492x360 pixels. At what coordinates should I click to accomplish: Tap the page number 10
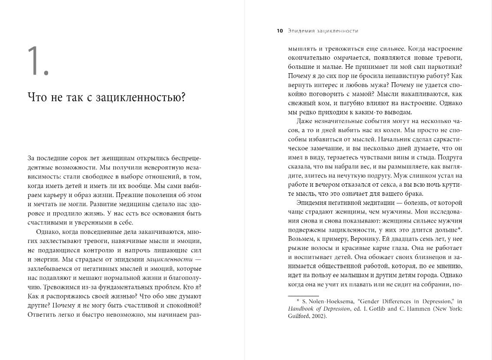(x=280, y=31)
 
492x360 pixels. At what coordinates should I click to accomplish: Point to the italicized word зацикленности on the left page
(x=164, y=259)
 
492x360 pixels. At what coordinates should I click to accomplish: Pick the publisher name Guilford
(x=298, y=316)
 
